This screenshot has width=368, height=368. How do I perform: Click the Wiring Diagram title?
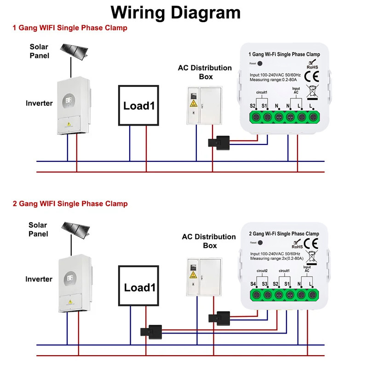click(176, 12)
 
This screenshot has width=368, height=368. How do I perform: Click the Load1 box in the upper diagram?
click(138, 105)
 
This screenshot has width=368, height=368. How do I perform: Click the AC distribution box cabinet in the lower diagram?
click(203, 283)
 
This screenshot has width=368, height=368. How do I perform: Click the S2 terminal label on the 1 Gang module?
click(253, 106)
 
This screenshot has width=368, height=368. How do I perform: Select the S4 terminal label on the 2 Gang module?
click(253, 284)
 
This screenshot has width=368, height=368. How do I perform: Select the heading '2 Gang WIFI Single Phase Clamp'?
click(70, 203)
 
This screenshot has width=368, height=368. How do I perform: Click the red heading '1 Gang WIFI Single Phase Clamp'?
click(69, 28)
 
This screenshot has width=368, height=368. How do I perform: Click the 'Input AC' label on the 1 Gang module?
click(296, 90)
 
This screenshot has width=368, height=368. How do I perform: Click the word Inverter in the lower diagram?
click(39, 279)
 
